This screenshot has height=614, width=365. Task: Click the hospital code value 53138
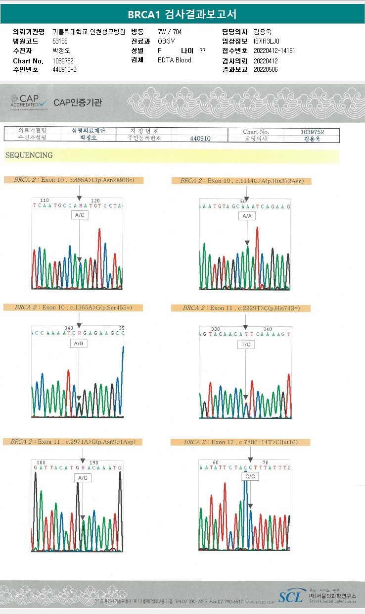tap(60, 41)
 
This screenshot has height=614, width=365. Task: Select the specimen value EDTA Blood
tap(174, 60)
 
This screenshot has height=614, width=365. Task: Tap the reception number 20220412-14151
tap(274, 51)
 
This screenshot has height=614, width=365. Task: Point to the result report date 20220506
tap(266, 69)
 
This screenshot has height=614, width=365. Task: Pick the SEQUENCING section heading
tap(29, 155)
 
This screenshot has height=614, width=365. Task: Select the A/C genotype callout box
tap(79, 215)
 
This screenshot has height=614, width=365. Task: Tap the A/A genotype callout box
tap(247, 216)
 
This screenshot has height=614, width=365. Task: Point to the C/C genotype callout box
tap(250, 476)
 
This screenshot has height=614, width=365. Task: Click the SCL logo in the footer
tap(291, 597)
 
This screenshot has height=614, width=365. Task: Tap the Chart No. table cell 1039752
tap(312, 132)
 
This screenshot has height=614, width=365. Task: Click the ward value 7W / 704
tap(170, 32)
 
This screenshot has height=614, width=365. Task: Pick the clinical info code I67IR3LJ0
tap(266, 41)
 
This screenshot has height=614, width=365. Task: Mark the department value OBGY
tap(166, 41)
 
